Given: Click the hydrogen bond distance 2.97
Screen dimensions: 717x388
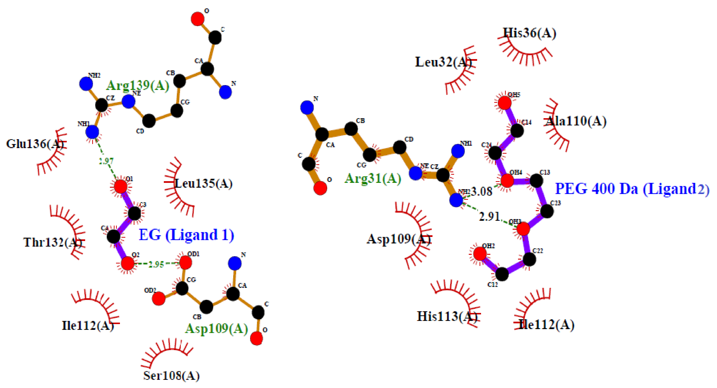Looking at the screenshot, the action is pos(106,161).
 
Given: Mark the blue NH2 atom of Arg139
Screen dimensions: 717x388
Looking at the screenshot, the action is pos(86,83).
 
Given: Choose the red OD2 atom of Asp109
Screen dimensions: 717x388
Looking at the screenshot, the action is pos(159,298).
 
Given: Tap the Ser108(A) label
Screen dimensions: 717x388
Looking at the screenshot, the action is pos(171,376).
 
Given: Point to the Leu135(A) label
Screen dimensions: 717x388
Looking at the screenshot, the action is pos(203,184).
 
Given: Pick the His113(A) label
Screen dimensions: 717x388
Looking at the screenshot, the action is pos(447,316).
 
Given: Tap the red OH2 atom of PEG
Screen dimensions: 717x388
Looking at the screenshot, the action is pos(480,254).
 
